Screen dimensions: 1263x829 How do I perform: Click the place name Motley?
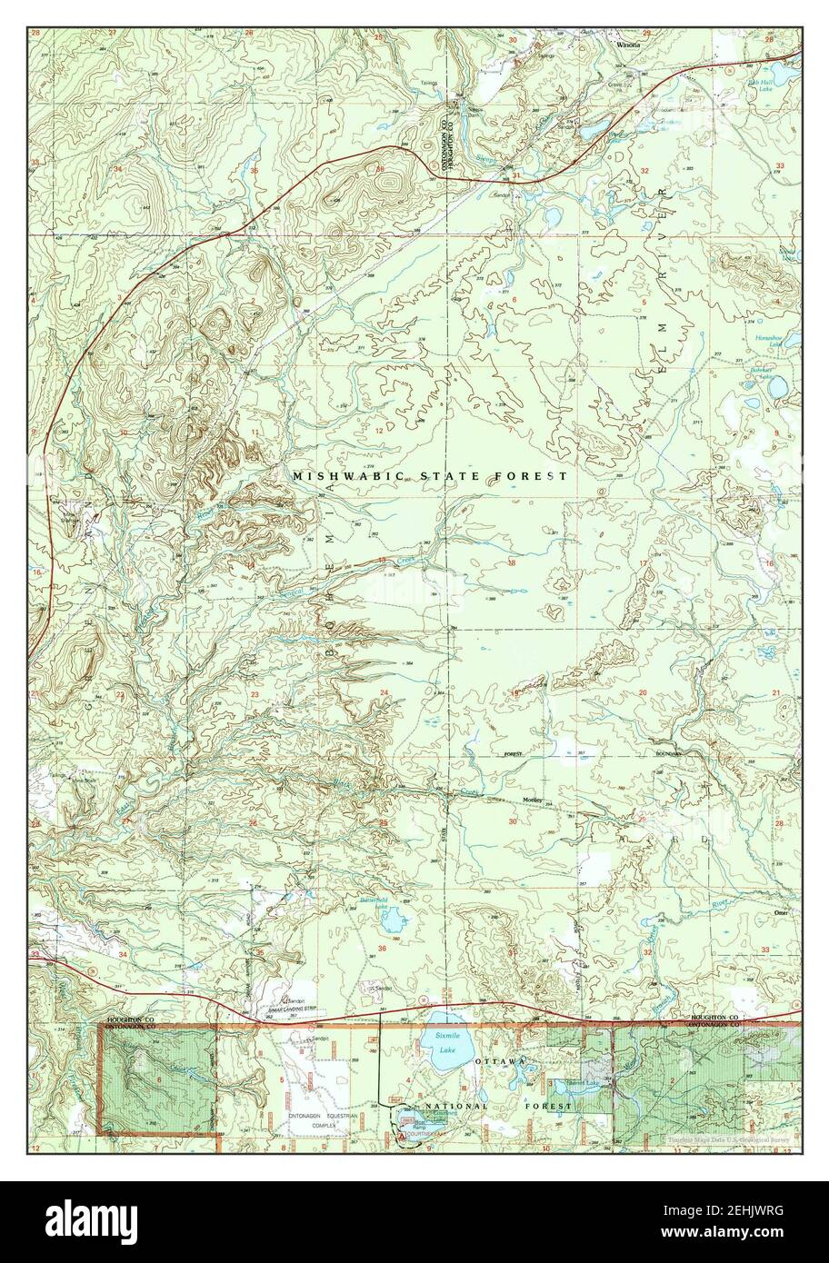coord(532,800)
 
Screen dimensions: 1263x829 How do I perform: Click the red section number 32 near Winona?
coord(644,171)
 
